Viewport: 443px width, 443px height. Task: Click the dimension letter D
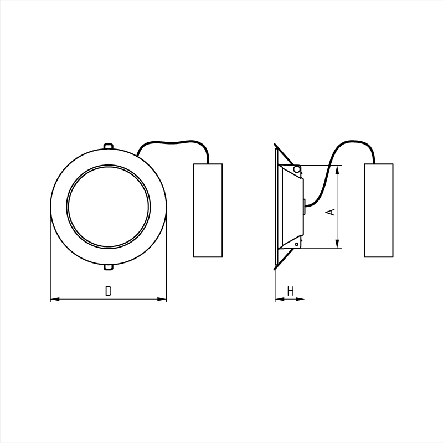(x=109, y=291)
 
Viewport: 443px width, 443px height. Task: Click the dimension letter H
(x=290, y=291)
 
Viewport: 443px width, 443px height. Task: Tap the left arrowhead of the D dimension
(x=55, y=299)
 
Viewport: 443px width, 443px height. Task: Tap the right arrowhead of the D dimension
(x=162, y=299)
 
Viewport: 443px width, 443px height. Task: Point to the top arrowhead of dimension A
(x=337, y=170)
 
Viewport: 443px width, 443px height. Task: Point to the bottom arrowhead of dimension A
(x=337, y=244)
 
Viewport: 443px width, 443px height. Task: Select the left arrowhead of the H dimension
(x=280, y=299)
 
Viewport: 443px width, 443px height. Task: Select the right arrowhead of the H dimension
(x=300, y=299)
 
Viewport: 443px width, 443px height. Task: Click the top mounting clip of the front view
(x=109, y=146)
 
